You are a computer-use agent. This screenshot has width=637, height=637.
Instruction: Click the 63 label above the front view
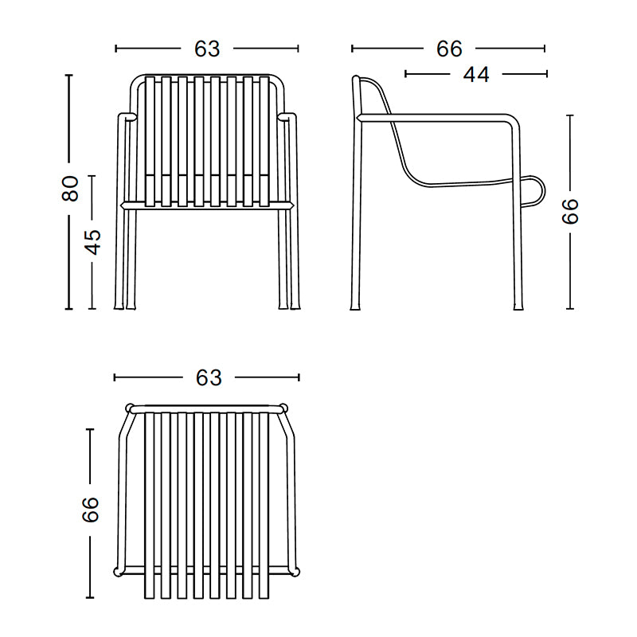(207, 49)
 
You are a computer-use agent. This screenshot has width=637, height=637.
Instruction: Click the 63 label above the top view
(209, 377)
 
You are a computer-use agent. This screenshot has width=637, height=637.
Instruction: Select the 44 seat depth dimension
(476, 74)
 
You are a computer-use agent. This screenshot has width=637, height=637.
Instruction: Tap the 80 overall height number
(70, 189)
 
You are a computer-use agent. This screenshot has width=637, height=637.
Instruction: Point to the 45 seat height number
(92, 242)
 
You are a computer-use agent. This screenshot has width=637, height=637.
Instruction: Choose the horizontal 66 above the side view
(449, 49)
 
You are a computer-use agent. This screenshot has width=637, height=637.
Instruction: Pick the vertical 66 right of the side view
(569, 211)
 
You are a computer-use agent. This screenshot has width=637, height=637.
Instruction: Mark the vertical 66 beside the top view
(90, 510)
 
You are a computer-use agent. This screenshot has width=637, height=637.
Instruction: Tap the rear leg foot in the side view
(355, 306)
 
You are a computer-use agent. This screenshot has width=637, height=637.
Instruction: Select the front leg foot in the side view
(518, 306)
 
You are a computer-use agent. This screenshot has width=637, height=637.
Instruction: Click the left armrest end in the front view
(127, 117)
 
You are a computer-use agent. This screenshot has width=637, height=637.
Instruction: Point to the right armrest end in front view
(287, 117)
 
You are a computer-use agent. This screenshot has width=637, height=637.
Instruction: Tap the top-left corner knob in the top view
(130, 408)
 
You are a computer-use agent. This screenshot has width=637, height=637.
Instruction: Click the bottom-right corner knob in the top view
(295, 572)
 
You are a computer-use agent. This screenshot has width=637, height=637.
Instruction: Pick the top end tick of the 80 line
(68, 75)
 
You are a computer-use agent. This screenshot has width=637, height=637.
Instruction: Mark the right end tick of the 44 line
(547, 74)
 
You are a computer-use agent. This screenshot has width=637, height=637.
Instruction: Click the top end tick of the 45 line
(92, 176)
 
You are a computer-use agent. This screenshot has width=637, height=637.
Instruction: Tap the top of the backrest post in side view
(356, 79)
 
